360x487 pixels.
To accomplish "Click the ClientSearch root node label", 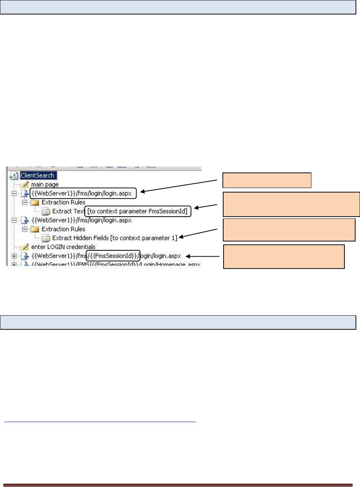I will point(37,175).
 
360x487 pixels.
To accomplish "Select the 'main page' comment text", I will point(45,184).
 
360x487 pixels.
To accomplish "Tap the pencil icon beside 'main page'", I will point(24,184).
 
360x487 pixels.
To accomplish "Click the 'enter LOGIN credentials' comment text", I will point(63,247).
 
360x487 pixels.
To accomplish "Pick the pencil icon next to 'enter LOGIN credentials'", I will point(24,247).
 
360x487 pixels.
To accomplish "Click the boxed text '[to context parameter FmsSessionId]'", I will point(138,211).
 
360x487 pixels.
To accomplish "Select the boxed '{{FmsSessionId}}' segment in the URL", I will point(113,256).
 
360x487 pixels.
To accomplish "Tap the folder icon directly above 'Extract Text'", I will point(35,203).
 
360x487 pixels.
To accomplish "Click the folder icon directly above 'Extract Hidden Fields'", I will point(35,229).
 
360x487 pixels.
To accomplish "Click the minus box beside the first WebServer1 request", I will point(14,193).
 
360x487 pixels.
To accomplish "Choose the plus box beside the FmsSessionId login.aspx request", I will point(14,256).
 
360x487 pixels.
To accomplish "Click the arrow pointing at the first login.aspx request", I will point(178,186).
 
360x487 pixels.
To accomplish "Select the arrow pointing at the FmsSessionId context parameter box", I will point(206,206).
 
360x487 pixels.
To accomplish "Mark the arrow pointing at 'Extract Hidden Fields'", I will point(198,234).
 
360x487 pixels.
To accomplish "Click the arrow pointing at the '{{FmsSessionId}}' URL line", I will point(202,256).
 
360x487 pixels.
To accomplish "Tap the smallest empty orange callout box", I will point(267,180).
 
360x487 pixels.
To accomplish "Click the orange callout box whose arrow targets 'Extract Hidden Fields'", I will point(289,230).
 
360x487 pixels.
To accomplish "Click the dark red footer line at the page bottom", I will point(178,485).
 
